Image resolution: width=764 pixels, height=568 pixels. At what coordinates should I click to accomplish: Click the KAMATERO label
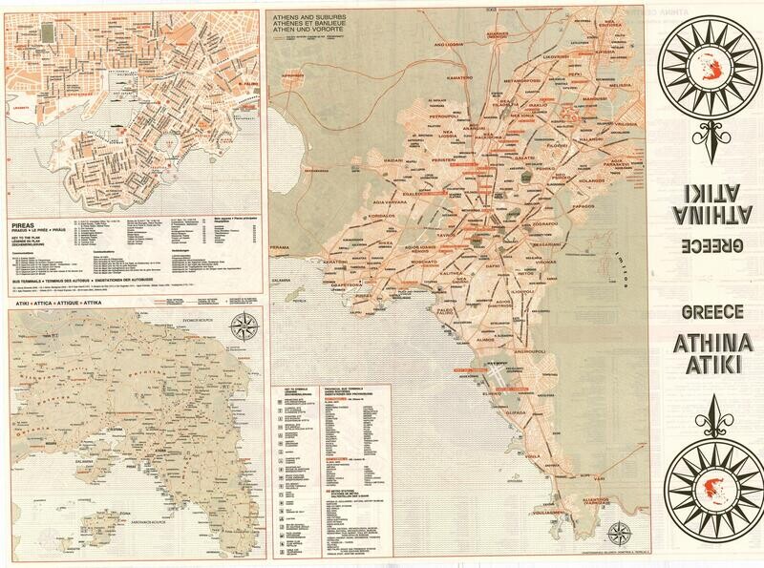(459, 77)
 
